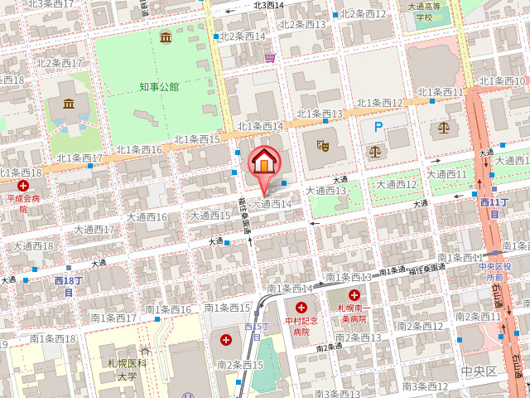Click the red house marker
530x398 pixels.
click(263, 162)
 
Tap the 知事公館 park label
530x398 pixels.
click(159, 86)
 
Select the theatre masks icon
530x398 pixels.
click(323, 145)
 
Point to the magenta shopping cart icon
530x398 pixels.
click(270, 57)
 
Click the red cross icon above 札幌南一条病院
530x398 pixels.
click(354, 295)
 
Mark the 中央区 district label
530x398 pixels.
click(479, 371)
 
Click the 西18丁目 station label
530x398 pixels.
click(70, 287)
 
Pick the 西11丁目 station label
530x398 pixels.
click(494, 208)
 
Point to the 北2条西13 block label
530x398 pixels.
click(304, 24)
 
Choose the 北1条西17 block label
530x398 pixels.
click(79, 158)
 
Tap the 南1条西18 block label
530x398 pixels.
click(53, 338)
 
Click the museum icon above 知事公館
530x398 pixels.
click(166, 37)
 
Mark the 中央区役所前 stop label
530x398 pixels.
click(495, 272)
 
